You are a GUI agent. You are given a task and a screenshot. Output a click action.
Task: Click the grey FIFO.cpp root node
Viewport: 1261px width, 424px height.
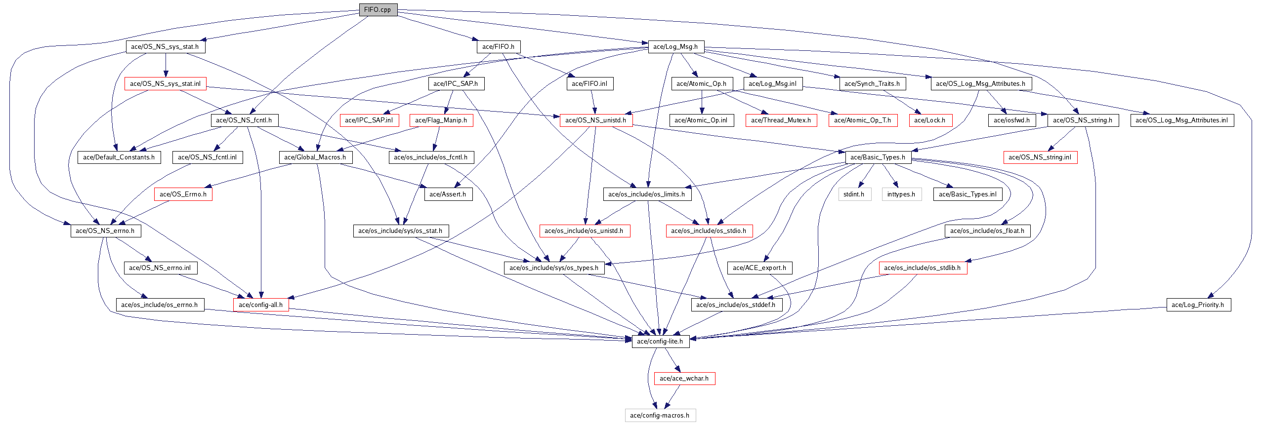click(x=378, y=10)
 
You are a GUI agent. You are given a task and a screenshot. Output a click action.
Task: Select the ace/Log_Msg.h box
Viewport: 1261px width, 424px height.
click(x=675, y=47)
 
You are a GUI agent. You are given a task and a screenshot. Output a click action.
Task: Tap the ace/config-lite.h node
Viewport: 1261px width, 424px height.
click(x=660, y=342)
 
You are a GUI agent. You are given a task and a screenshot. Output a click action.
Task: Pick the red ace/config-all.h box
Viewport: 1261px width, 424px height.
click(x=261, y=305)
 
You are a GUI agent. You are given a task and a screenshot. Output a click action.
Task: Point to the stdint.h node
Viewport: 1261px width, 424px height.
click(x=854, y=194)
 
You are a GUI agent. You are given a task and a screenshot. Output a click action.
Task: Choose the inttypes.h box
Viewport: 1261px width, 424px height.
click(x=901, y=194)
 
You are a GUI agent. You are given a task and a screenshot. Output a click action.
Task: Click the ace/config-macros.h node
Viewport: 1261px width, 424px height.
click(x=660, y=416)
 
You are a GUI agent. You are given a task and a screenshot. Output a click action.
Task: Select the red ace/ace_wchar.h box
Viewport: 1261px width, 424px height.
click(x=684, y=379)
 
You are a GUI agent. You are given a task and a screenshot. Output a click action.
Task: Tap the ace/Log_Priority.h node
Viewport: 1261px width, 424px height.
click(x=1198, y=305)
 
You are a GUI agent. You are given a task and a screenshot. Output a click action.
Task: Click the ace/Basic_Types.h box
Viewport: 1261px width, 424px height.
click(x=878, y=157)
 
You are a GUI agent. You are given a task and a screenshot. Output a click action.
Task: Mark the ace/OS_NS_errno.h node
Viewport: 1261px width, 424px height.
click(x=105, y=231)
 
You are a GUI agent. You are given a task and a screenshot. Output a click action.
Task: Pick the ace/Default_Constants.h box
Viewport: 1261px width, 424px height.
click(x=119, y=157)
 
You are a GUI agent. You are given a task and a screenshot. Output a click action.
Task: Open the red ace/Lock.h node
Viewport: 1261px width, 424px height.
click(x=930, y=120)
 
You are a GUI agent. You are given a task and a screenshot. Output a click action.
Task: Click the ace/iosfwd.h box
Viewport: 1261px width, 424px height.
click(x=1012, y=120)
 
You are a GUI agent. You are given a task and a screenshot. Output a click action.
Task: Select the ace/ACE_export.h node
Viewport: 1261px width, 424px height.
click(x=759, y=268)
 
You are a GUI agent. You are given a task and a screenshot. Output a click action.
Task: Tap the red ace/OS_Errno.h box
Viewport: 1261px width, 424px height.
click(x=183, y=194)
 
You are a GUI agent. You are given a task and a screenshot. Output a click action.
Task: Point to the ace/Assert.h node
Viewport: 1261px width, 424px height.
click(x=448, y=194)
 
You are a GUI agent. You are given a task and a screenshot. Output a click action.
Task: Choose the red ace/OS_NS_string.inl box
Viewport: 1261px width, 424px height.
click(x=1040, y=157)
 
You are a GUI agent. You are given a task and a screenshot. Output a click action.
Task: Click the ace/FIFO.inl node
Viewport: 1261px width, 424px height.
click(x=589, y=84)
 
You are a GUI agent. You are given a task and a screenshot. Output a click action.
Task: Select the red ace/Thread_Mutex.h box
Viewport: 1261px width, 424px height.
click(x=781, y=120)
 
